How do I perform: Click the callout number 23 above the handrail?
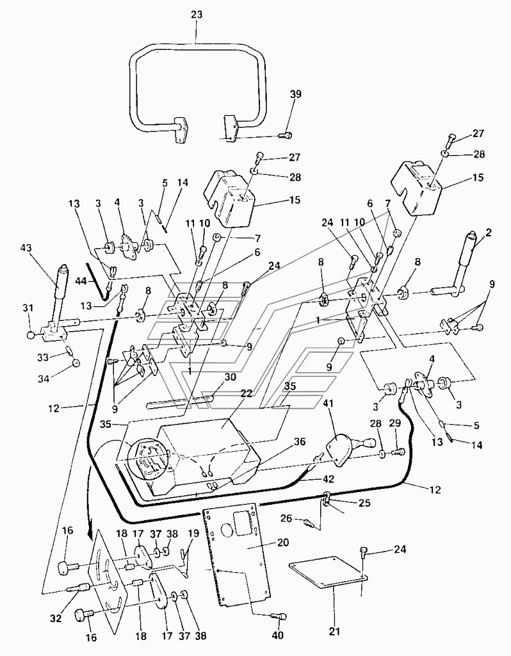197,15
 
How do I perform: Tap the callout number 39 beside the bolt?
296,94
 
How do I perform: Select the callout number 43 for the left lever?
25,248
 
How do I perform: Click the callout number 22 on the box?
247,394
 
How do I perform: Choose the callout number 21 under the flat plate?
334,619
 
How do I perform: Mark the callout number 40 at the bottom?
278,635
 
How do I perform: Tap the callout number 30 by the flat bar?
230,377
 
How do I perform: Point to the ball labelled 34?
76,363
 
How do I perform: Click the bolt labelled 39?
286,135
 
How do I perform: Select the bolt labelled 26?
309,523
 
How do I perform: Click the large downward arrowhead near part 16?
90,534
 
